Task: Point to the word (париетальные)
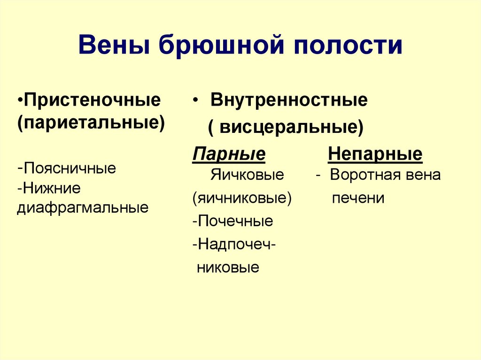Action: [91, 123]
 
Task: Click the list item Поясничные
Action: [70, 168]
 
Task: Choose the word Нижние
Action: [51, 188]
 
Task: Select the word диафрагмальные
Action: [83, 207]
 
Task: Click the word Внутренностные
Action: [289, 100]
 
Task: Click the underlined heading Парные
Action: [229, 154]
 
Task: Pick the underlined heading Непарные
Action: [375, 154]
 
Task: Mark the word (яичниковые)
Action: [242, 198]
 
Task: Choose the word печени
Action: [358, 198]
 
